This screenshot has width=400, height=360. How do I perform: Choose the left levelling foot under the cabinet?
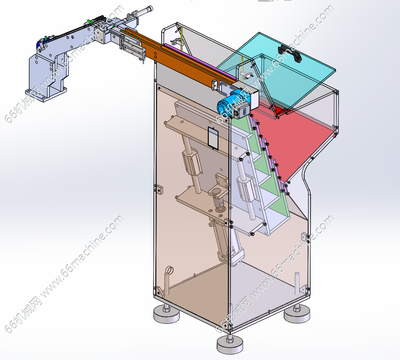click(167, 314)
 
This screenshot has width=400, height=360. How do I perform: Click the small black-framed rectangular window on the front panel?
click(213, 137)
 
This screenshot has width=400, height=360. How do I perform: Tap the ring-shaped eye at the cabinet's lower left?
click(170, 270)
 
